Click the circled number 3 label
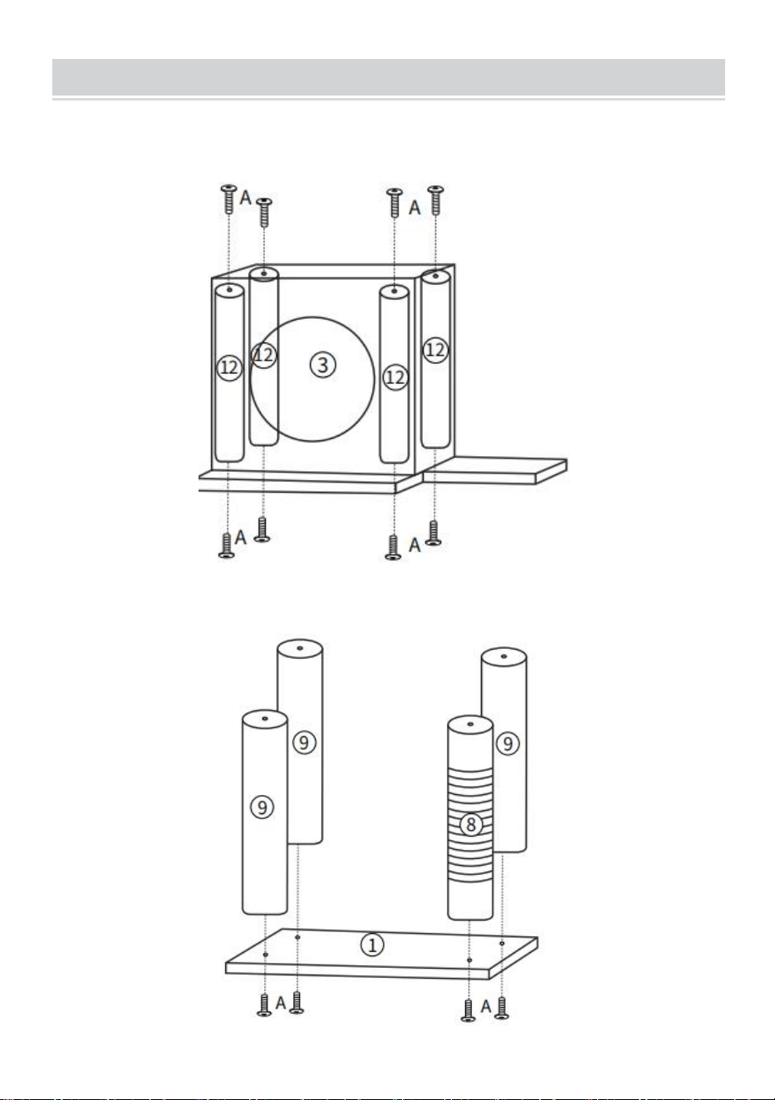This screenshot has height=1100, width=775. [x=323, y=365]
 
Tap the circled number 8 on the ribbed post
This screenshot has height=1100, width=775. [x=471, y=824]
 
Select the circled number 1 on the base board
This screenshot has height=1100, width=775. [x=373, y=945]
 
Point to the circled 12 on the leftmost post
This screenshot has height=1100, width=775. [x=229, y=367]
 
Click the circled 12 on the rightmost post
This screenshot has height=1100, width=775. [x=435, y=350]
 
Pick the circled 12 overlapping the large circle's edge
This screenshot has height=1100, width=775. [x=264, y=355]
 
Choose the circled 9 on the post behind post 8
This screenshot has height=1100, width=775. [x=508, y=744]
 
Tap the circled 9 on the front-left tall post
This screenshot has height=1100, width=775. [x=262, y=807]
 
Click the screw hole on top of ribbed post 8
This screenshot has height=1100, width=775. [x=470, y=724]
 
